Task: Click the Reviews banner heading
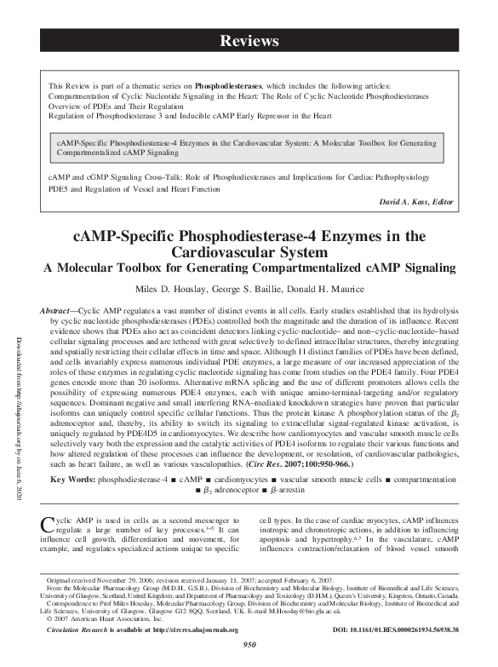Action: tap(249, 41)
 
